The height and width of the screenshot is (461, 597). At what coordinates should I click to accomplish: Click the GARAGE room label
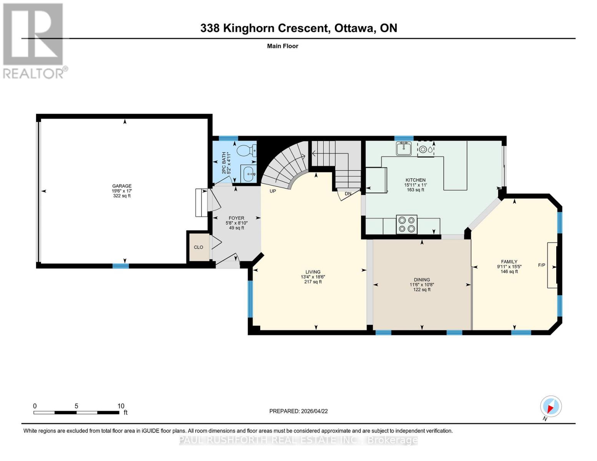pos(121,186)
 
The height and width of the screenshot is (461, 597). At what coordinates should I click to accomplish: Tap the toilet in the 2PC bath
pos(246,150)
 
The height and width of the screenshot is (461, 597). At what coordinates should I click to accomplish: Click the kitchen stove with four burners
pos(407,224)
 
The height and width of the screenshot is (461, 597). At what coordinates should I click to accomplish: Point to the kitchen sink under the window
pos(404,148)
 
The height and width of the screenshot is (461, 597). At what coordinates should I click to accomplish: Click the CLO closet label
pos(198,247)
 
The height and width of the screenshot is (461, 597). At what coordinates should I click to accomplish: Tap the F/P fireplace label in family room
pos(541,265)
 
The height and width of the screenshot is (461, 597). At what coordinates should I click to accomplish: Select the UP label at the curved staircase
pos(273,191)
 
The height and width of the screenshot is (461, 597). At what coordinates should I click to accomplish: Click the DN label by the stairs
pos(348,194)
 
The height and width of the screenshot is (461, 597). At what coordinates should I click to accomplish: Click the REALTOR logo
pos(34,40)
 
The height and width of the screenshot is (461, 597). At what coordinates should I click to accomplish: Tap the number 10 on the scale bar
pos(121,406)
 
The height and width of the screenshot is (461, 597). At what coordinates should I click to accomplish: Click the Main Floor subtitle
pos(283,46)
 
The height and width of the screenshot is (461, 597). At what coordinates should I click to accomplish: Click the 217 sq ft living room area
pos(313,282)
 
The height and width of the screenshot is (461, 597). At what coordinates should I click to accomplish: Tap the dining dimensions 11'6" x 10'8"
pos(422,285)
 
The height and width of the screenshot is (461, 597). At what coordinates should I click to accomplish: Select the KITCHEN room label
pos(416,180)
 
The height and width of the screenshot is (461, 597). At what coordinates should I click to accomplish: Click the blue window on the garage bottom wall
pos(120,266)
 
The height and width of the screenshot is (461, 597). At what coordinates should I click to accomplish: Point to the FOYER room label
pos(236,218)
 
